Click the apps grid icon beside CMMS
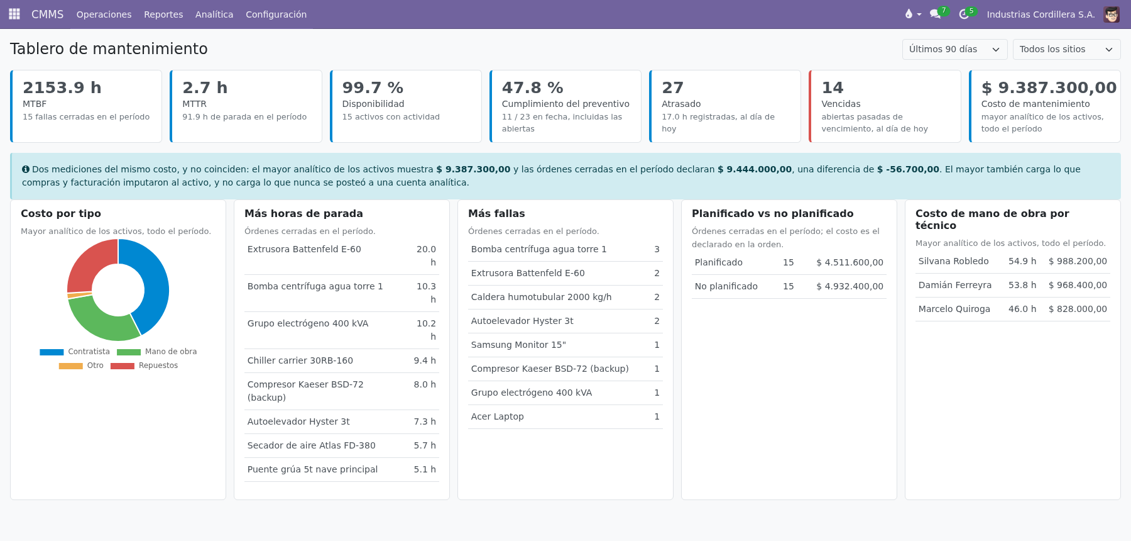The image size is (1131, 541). coord(14,14)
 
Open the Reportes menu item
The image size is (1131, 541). coord(163,14)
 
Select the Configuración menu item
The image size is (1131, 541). coord(276,14)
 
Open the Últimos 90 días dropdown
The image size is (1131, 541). coord(954,49)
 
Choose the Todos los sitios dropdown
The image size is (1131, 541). coord(1066,49)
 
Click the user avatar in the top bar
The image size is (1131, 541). coord(1112,14)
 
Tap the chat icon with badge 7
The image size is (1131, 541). coord(936,14)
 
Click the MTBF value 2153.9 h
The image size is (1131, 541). coord(62,87)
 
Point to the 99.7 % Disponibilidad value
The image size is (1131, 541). coord(373,87)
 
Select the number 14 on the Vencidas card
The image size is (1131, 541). coord(832,87)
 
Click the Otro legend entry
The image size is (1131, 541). coord(81,365)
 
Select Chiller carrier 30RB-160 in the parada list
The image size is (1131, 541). coord(300,360)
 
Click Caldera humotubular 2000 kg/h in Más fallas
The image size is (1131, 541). coord(541,297)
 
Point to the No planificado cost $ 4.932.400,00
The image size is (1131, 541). coord(850,286)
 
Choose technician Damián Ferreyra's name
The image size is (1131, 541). coord(954,285)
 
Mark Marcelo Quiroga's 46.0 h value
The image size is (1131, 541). coord(1022,309)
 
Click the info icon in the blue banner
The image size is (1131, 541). coord(26,169)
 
